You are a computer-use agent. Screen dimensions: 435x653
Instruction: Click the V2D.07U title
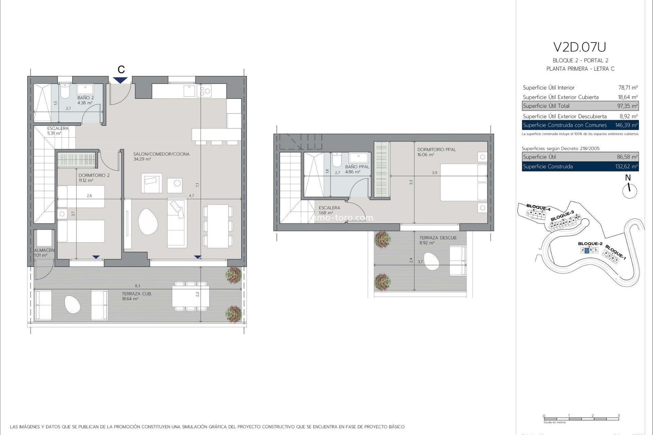[x=580, y=47]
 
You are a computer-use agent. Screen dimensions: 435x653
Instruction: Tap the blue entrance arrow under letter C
[x=121, y=80]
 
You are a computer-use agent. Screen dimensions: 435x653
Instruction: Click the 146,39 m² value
[x=626, y=125]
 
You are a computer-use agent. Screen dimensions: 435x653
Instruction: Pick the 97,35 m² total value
[x=627, y=106]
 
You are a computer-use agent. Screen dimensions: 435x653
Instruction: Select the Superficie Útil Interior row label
[x=548, y=88]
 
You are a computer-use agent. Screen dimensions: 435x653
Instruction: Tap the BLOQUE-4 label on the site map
[x=538, y=207]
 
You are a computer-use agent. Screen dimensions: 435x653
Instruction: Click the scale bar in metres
[x=581, y=419]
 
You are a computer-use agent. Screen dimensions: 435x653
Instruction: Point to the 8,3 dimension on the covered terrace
[x=137, y=286]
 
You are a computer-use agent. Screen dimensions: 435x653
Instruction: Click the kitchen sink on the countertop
[x=189, y=91]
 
